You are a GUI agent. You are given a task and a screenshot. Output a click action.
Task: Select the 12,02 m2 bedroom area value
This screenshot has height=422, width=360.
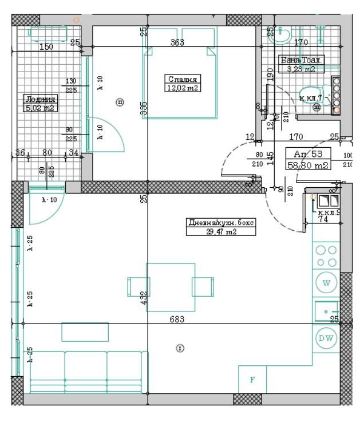pos(183,88)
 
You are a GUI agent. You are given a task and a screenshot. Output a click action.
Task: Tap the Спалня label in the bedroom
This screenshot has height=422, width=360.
pos(183,79)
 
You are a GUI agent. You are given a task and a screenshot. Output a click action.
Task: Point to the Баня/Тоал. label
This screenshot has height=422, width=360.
pos(301,60)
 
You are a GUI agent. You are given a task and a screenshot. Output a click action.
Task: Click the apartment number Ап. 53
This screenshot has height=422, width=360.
pos(308,154)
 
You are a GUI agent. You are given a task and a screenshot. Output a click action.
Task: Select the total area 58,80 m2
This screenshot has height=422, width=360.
pos(308,165)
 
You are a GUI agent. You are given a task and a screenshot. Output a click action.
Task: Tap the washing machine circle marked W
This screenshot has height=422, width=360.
pos(326,283)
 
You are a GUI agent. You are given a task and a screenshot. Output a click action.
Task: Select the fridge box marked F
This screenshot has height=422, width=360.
pos(252,380)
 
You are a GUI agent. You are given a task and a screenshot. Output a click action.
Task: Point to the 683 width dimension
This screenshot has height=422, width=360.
pos(175,319)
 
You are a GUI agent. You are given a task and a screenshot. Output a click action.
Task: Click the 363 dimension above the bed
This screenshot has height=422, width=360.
pos(177,42)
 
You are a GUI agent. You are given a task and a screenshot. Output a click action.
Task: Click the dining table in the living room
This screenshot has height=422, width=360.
pos(171,286)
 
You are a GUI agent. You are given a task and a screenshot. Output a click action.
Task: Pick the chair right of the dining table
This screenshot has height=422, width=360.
pos(203,286)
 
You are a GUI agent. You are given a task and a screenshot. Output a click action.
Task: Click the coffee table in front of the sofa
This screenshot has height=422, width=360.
pos(85,332)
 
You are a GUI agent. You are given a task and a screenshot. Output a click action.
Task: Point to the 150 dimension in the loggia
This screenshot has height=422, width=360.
pos(46,46)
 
